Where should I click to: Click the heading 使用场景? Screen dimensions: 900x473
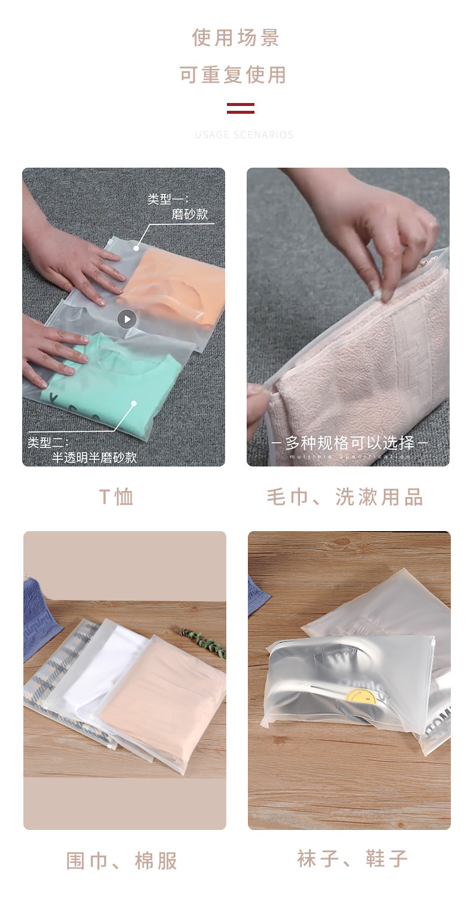(236, 38)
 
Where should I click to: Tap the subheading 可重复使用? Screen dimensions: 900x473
(233, 75)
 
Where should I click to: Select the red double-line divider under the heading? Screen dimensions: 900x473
(241, 108)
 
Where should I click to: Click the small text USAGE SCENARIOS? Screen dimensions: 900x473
(244, 135)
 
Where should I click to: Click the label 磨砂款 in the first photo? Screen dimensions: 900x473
(190, 214)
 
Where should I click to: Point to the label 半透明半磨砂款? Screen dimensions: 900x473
(94, 457)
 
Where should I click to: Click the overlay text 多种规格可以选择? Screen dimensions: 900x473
(350, 443)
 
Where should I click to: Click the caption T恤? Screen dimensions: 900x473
(117, 497)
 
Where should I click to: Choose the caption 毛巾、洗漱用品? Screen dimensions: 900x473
(345, 497)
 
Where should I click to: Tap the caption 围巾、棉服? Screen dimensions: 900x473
(122, 861)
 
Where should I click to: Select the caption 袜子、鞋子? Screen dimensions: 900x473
(353, 859)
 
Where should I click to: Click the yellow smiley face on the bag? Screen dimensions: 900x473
(361, 697)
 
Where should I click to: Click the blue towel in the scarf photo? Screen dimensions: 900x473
(39, 617)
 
